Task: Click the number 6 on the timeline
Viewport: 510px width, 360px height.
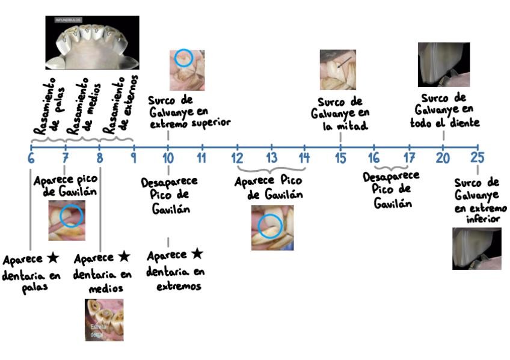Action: [31, 159]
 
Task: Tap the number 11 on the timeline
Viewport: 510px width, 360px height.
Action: [202, 159]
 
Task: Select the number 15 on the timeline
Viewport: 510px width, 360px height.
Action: [340, 159]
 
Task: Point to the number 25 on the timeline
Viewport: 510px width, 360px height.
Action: [478, 159]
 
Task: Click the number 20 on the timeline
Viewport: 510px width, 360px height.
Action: [443, 159]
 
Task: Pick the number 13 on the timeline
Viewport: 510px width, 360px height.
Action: [272, 159]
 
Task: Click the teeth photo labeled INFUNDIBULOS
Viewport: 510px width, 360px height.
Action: [92, 42]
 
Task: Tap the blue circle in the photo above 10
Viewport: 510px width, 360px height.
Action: [183, 58]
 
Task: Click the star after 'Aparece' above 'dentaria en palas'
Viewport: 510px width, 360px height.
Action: [52, 259]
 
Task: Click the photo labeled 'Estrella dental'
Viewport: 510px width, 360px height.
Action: [104, 320]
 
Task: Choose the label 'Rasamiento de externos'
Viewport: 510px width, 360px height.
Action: [120, 105]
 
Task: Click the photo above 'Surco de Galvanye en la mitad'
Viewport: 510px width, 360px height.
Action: [337, 69]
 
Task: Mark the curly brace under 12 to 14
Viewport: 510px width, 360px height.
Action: [272, 169]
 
